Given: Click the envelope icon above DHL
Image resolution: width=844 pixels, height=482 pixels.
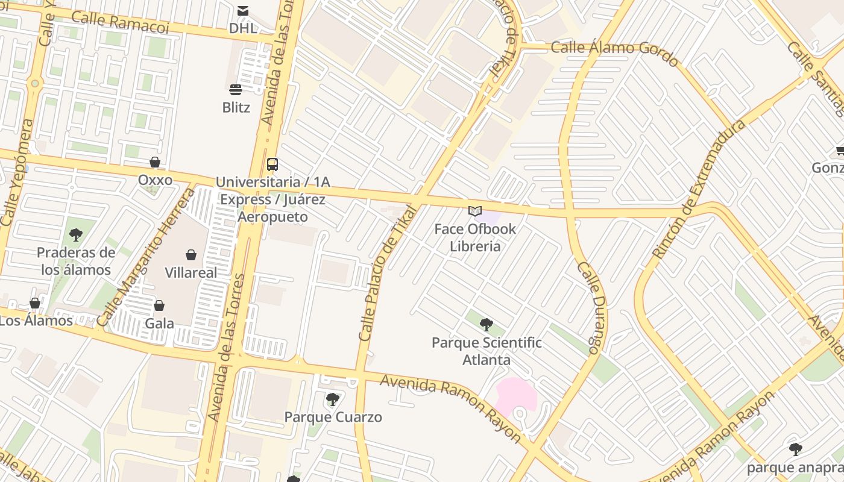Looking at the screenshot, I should coord(242,10).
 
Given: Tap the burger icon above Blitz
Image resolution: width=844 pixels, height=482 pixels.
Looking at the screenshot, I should coord(236,90).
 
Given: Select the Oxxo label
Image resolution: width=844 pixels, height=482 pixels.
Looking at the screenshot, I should coord(155,180).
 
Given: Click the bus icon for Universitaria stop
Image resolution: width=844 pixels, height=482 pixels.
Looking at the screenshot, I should coord(272,164).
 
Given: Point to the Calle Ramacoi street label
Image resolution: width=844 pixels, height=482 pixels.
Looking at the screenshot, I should coord(120,22).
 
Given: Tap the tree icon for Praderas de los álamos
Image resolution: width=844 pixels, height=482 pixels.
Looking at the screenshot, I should coord(76,235).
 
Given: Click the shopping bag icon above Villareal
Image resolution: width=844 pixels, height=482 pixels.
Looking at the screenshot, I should coord(191,255).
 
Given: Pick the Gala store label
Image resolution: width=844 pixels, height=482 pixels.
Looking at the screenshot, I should coord(159,324).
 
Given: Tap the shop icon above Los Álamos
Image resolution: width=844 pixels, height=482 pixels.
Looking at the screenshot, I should coord(35,303).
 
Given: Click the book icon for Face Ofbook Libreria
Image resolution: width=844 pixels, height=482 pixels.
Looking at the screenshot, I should coord(475,211).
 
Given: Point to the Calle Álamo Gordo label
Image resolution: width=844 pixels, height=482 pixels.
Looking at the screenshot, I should coord(614,52).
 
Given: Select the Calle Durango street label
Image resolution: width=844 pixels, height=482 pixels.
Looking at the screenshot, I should coord(591,307).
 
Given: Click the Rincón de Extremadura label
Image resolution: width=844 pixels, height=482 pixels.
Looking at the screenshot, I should coord(699,190).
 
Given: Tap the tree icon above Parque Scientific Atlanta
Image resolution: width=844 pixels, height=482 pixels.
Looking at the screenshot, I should coord(487,325).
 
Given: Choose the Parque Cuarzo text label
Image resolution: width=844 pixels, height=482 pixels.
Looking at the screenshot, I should coord(333,417).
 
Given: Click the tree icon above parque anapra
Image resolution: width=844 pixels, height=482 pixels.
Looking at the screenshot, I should coord(796,449).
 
